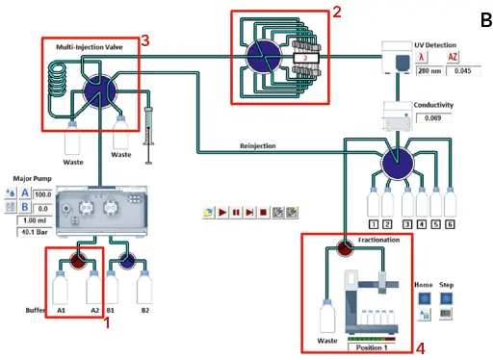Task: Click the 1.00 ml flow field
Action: click(32, 219)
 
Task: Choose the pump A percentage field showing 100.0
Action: click(40, 193)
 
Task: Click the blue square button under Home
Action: click(424, 298)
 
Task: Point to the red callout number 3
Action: click(144, 39)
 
